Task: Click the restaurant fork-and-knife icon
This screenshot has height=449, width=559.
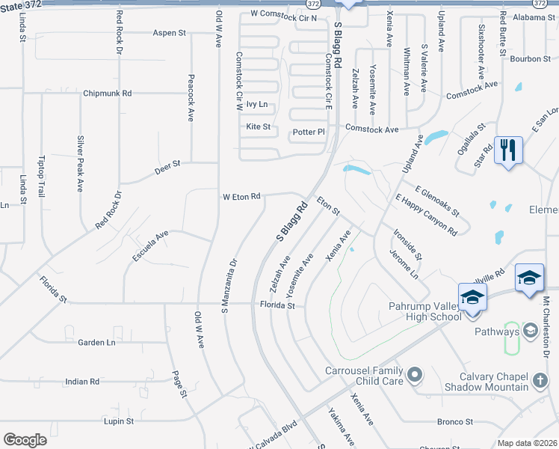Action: [x=508, y=150]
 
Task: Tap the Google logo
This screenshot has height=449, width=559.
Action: [x=25, y=440]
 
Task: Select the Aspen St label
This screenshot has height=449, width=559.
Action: [x=169, y=33]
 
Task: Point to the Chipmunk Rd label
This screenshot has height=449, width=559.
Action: [x=108, y=94]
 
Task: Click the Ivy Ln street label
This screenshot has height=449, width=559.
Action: [x=256, y=105]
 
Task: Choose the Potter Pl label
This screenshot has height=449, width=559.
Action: [x=309, y=132]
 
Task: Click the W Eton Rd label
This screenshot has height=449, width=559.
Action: [x=241, y=197]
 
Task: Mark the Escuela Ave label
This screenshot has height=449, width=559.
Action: [x=150, y=245]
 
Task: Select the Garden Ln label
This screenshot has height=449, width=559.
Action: [x=96, y=343]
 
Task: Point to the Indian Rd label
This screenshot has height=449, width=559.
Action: [x=82, y=382]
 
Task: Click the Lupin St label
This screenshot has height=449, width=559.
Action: [x=119, y=421]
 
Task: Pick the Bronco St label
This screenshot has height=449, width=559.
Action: [x=456, y=422]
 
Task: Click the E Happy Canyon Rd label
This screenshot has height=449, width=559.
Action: [x=425, y=216]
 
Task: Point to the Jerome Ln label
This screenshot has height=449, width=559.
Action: [x=404, y=265]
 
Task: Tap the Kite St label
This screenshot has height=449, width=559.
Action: [x=258, y=127]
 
